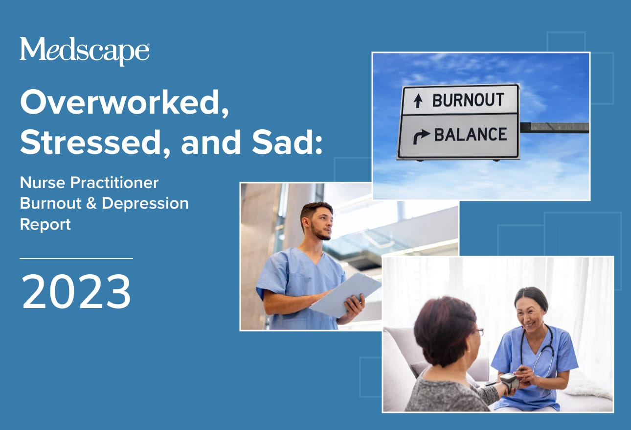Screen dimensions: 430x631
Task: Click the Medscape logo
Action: pyautogui.click(x=84, y=51)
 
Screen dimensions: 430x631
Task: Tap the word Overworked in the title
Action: pyautogui.click(x=124, y=103)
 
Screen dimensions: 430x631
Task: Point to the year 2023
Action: pyautogui.click(x=76, y=292)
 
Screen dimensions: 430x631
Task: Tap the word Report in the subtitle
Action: pyautogui.click(x=45, y=224)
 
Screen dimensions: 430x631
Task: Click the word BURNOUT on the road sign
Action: pyautogui.click(x=468, y=100)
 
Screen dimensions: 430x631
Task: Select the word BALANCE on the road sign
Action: pyautogui.click(x=471, y=135)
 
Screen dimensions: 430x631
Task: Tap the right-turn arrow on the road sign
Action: pyautogui.click(x=421, y=136)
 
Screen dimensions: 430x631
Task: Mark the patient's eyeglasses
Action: pyautogui.click(x=479, y=332)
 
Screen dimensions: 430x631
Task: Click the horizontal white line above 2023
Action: pyautogui.click(x=76, y=258)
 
